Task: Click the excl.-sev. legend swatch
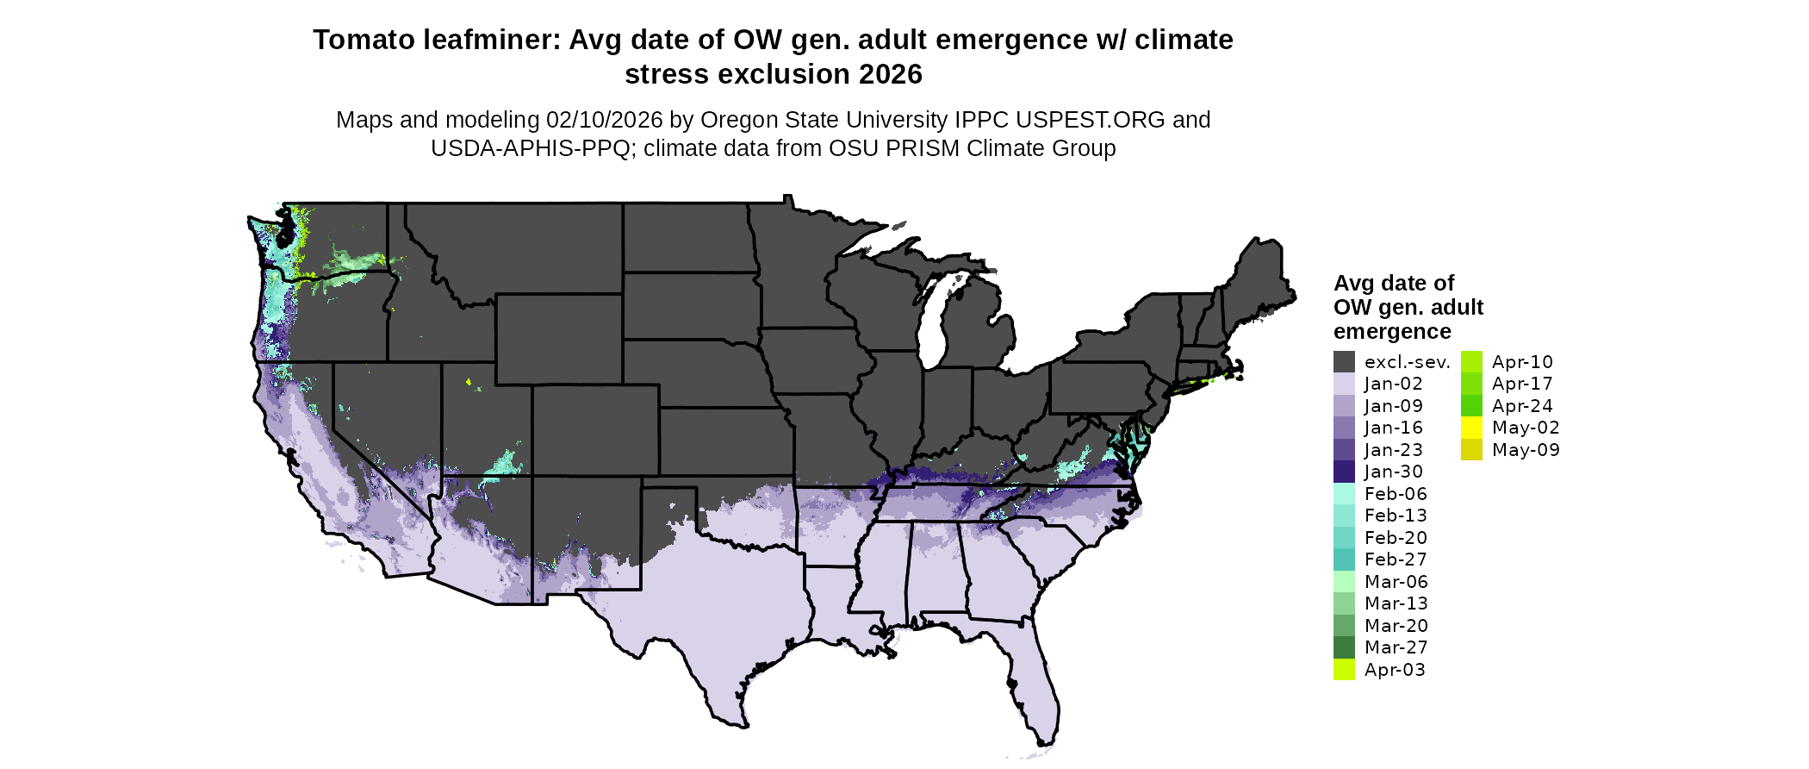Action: pos(1344,362)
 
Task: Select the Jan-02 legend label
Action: pos(1393,384)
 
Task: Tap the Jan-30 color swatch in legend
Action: pos(1344,472)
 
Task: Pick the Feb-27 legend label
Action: pos(1396,560)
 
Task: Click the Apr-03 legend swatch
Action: pos(1344,670)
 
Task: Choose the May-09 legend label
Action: pos(1526,450)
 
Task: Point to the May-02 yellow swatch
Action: pos(1471,428)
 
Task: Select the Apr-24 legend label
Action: pos(1522,406)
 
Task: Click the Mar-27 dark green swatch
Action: pos(1344,647)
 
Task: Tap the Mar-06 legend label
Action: pos(1396,582)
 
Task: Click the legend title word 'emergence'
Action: pos(1392,332)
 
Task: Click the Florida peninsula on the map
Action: pos(1034,681)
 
